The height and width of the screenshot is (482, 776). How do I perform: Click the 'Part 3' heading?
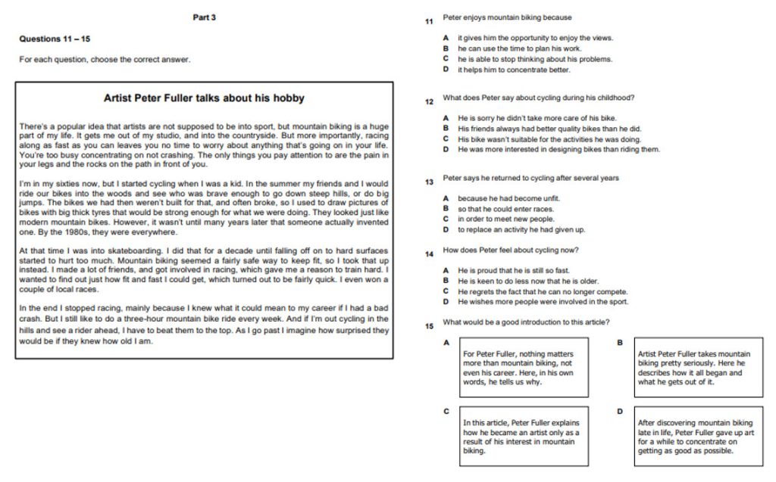(204, 17)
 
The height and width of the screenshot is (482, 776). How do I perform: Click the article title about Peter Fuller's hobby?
(204, 98)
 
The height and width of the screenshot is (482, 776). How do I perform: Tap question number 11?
(429, 21)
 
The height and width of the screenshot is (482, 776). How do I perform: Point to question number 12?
(429, 101)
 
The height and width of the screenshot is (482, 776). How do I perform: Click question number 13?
(429, 182)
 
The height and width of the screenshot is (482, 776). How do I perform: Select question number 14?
(429, 254)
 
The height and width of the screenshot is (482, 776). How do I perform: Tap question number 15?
(429, 325)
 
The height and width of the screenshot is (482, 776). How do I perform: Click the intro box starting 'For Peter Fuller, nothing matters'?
(523, 367)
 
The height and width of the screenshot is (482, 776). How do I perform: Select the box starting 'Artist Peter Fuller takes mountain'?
(698, 367)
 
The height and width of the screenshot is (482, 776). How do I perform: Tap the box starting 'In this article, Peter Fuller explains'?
(523, 436)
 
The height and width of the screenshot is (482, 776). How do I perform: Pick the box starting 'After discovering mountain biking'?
(698, 436)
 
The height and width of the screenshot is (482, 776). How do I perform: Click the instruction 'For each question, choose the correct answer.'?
(105, 59)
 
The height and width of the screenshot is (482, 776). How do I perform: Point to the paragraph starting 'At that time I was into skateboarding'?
(204, 269)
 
